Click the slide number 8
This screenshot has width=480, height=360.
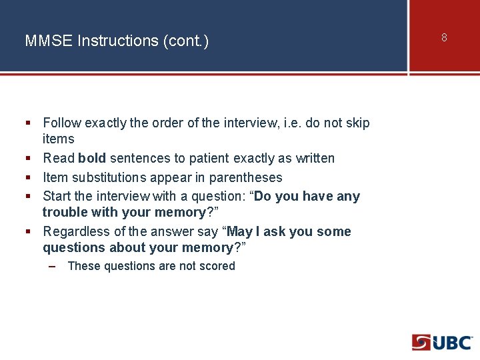[444, 37]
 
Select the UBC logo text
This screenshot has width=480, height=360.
[453, 343]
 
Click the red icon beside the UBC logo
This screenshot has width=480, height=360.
[421, 343]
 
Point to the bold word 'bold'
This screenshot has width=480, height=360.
[92, 158]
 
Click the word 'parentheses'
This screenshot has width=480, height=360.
[245, 177]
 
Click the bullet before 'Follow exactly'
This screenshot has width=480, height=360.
[28, 123]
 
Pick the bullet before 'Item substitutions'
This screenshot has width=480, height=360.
[28, 177]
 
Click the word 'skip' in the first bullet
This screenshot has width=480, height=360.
[357, 123]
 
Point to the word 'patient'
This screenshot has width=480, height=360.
[203, 158]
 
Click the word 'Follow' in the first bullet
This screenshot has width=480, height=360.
[62, 123]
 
